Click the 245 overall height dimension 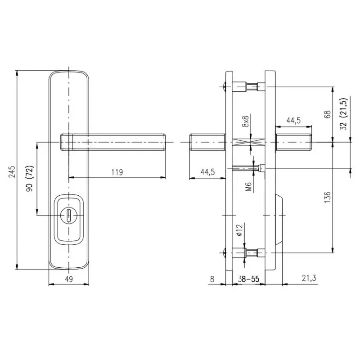tap(12, 172)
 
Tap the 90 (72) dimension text tap(30, 178)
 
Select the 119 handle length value tap(117, 172)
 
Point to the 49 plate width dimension tap(69, 279)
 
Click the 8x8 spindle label tap(245, 121)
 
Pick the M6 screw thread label tap(248, 187)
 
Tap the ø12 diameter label tap(239, 230)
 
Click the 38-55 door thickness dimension tap(248, 279)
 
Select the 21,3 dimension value tap(309, 278)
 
